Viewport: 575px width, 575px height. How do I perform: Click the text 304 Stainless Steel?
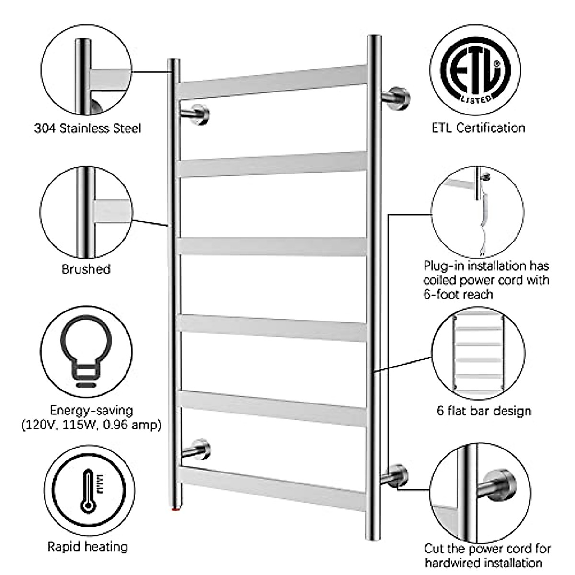88,128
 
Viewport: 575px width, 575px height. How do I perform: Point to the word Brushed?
86,269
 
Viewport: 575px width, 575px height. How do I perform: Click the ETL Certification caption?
478,128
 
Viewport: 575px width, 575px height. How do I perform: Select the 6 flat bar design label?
484,411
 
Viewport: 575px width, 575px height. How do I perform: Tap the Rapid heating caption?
88,547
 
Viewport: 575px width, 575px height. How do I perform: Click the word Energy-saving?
92,411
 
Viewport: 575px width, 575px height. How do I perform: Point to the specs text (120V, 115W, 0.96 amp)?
92,425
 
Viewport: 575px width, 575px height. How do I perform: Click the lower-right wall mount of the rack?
396,476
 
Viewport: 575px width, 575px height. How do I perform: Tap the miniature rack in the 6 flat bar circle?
478,352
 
